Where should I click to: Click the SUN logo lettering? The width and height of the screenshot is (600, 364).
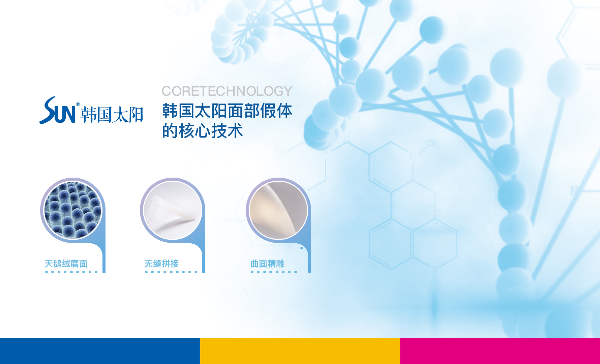point(58,110)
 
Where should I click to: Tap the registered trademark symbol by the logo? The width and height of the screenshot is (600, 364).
point(78,104)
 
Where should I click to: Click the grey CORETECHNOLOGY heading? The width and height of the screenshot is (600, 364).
point(227,91)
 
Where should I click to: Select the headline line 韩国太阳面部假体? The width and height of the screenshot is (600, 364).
point(227,111)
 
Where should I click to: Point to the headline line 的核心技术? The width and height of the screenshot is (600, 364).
point(203,131)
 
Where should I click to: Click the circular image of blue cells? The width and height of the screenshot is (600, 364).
point(73,210)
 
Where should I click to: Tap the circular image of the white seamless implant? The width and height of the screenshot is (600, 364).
point(173,210)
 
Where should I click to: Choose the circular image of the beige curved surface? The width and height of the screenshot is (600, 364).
point(278,210)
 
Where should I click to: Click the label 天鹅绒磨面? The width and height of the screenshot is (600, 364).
point(66,264)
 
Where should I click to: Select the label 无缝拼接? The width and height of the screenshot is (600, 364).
point(161,264)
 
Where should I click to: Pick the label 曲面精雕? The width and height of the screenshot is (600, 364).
point(267,264)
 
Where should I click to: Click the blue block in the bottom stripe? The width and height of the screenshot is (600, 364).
point(100,351)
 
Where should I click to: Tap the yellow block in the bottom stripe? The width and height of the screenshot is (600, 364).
point(300,351)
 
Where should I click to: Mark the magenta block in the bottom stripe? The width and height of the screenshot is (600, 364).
point(500,351)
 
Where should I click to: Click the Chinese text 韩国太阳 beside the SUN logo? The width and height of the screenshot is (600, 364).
point(112,115)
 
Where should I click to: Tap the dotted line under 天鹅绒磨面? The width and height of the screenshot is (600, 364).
point(71,272)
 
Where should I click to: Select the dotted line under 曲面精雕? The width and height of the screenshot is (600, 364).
point(274,272)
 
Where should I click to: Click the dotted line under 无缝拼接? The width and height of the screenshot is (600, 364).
point(171,272)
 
